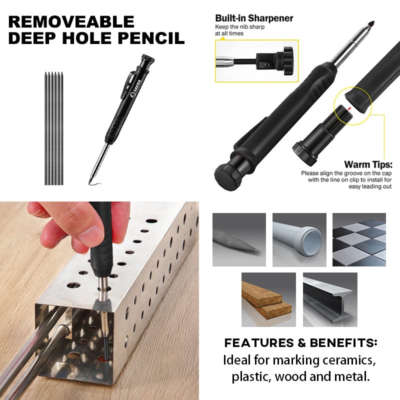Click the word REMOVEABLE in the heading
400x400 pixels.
tap(71, 22)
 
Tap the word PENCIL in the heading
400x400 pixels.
tap(151, 38)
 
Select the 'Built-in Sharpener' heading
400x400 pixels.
tap(254, 18)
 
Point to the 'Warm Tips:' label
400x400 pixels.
tap(368, 164)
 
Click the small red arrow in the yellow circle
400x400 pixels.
tap(349, 108)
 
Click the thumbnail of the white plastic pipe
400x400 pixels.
tap(299, 240)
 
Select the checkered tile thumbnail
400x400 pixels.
tap(359, 240)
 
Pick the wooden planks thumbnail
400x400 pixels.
tap(268, 299)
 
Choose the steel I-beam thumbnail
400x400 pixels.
tap(330, 299)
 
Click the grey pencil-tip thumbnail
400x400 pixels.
tap(239, 240)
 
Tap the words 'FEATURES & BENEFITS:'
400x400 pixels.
tap(300, 343)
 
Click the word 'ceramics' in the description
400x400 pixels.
tap(349, 360)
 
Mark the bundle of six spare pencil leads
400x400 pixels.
tap(54, 128)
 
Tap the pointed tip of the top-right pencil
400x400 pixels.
tap(373, 21)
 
